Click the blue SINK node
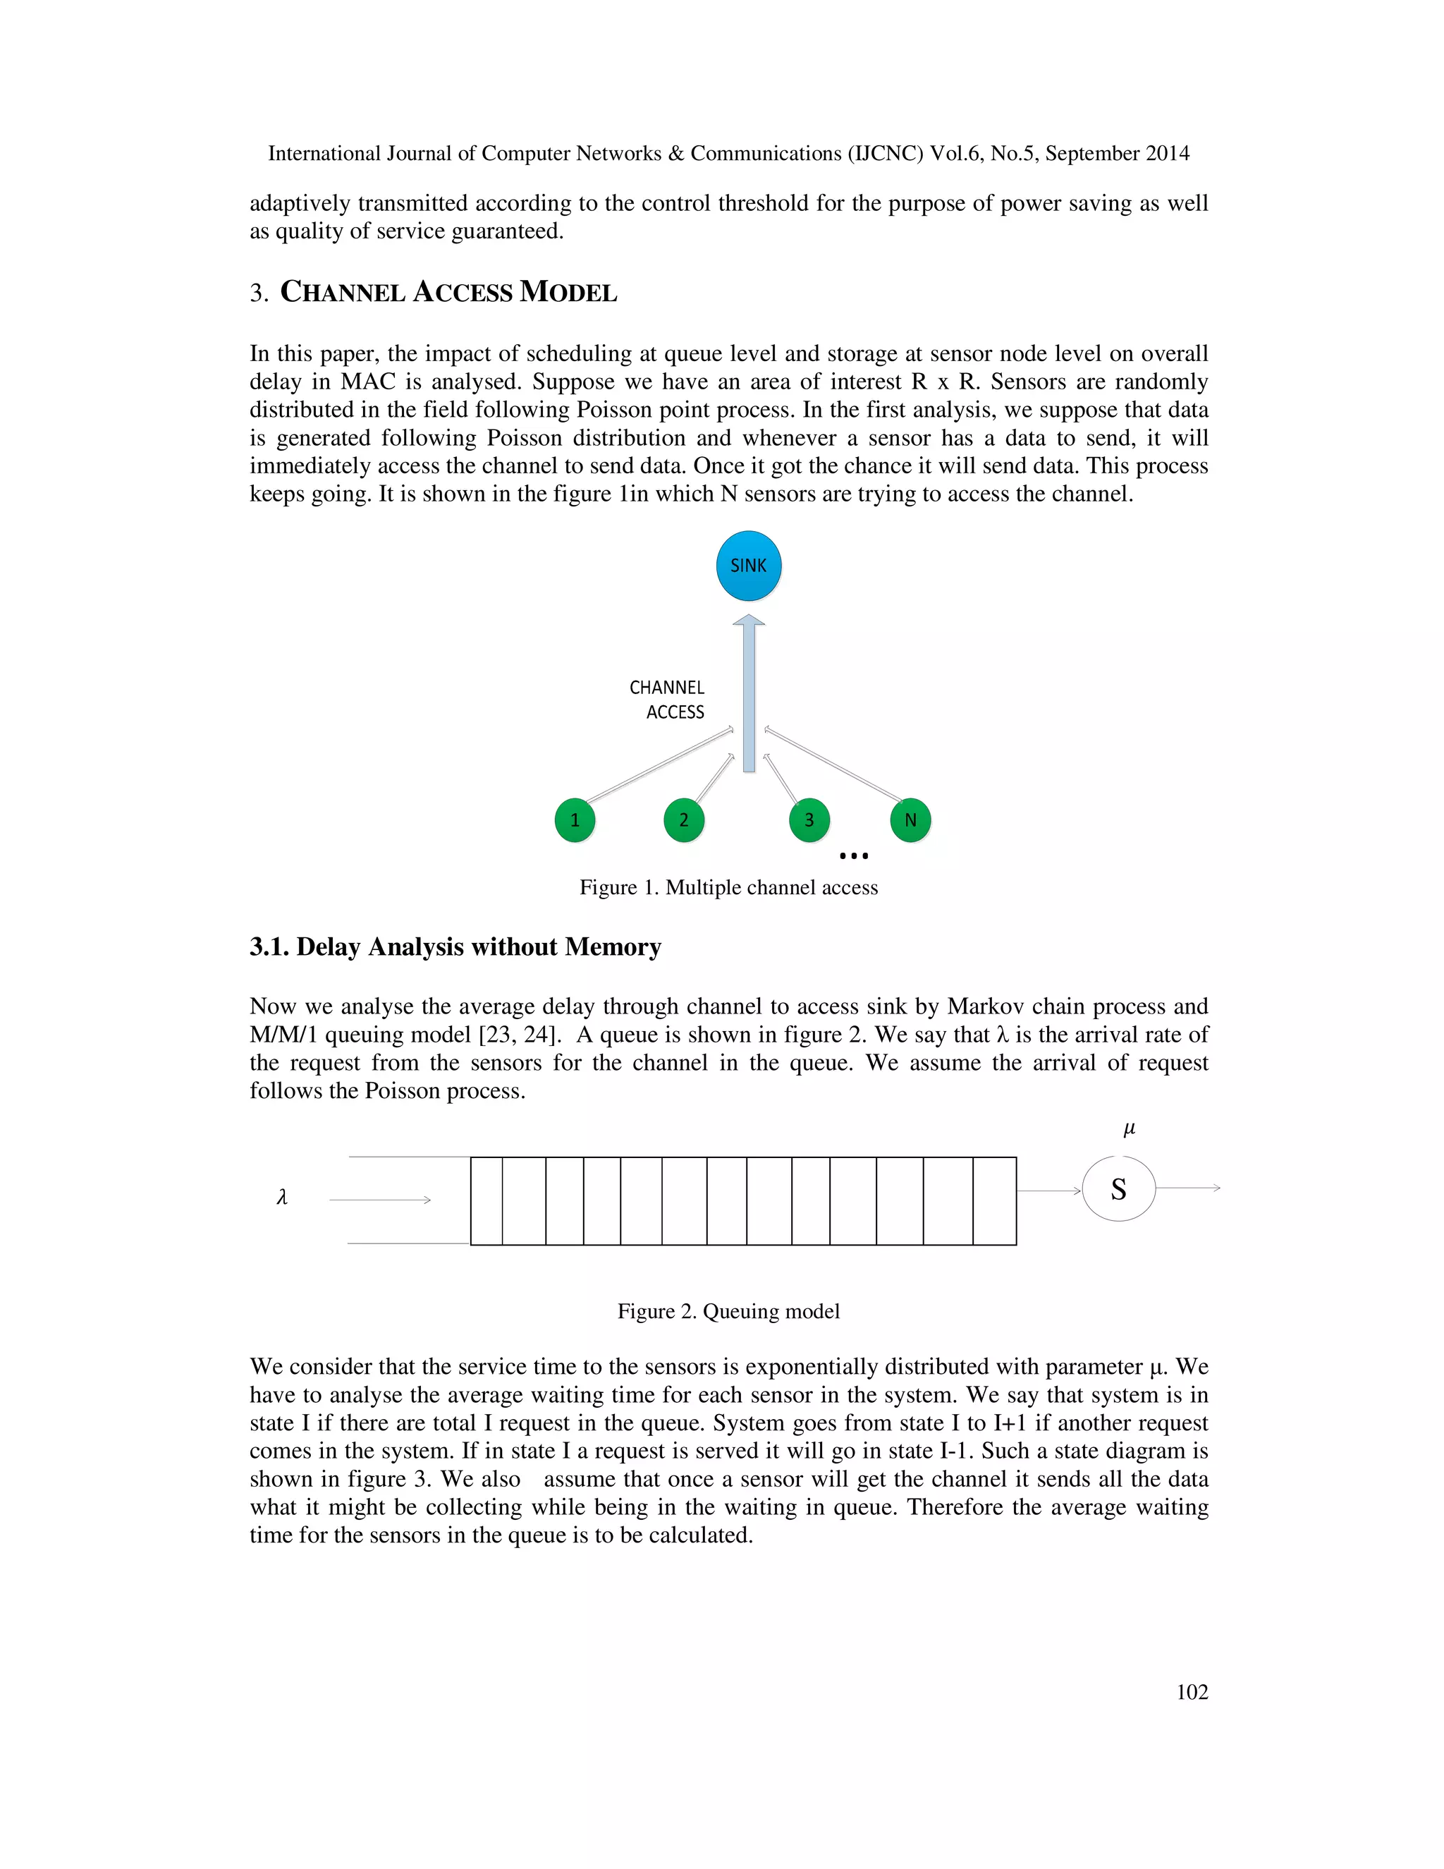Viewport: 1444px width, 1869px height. coord(749,566)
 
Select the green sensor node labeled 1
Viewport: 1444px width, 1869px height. coord(575,820)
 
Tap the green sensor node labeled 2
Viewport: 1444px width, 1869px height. coord(683,820)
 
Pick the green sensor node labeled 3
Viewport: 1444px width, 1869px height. coord(809,820)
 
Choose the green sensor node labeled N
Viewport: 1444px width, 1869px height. coord(910,820)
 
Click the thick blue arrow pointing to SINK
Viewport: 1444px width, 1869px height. coord(749,693)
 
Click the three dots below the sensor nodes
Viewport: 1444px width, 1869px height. coord(854,856)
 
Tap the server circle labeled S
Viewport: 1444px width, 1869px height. coord(1118,1190)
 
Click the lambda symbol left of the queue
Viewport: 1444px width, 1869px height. coord(282,1198)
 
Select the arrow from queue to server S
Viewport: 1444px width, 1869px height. coord(1048,1191)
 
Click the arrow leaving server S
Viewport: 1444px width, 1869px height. coord(1188,1188)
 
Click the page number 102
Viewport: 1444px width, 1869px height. coord(1192,1692)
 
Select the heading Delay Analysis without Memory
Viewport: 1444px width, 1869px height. coord(455,947)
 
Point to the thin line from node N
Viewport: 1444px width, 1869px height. coord(834,765)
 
